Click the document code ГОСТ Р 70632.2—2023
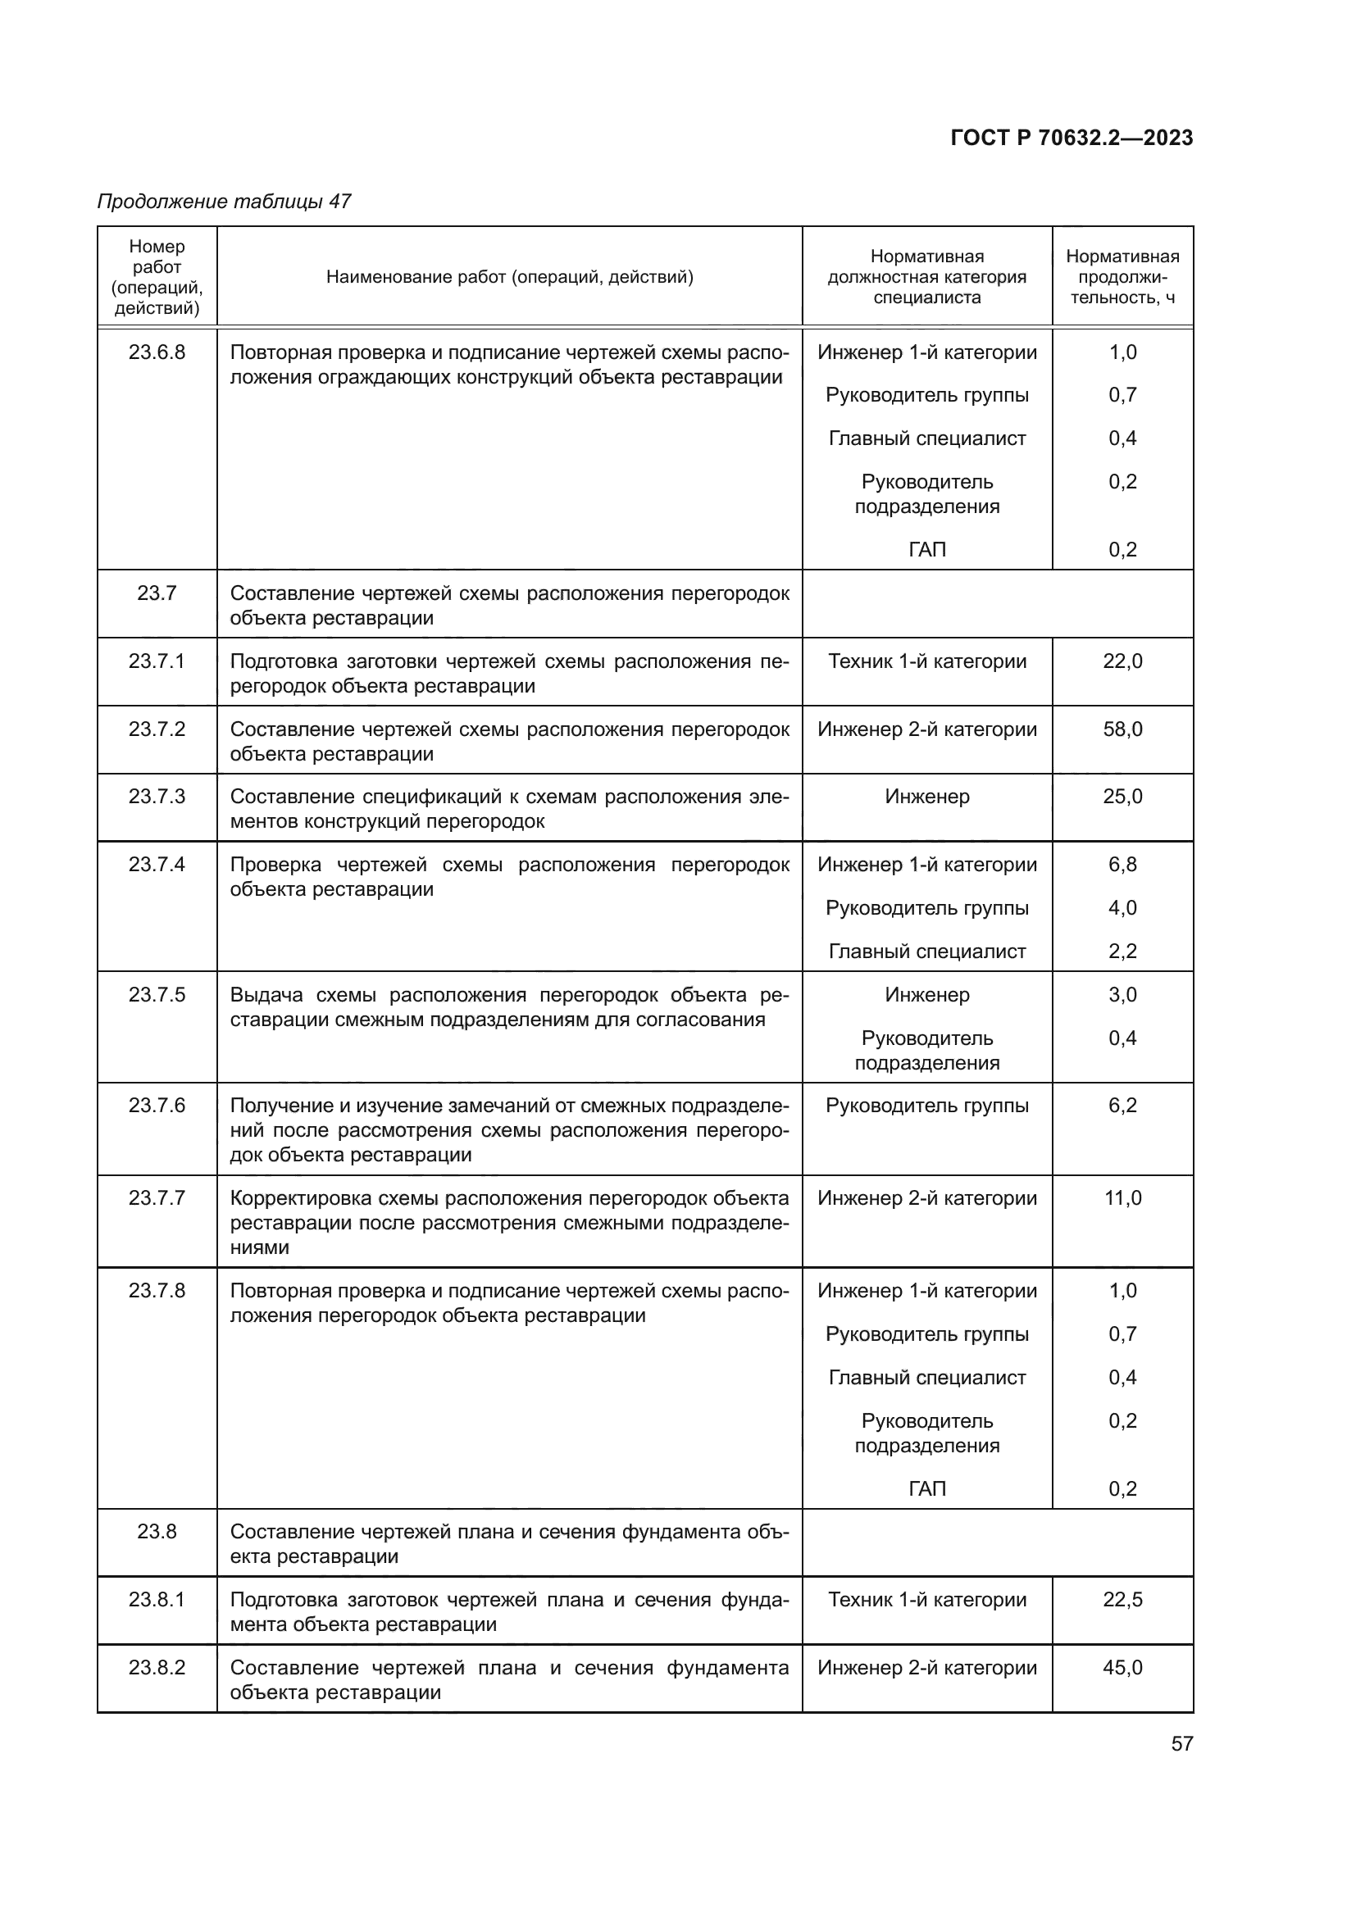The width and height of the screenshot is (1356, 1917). (1072, 138)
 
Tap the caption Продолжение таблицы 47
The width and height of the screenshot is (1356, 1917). (224, 202)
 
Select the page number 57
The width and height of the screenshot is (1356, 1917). (1181, 1743)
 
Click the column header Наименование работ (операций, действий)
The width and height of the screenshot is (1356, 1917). (509, 276)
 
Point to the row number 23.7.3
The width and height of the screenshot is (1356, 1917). (157, 796)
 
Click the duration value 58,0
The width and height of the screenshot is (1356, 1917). (1122, 729)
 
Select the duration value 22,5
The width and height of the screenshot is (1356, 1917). (1122, 1599)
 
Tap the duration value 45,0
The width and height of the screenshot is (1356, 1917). (1122, 1667)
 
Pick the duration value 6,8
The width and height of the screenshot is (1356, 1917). (1122, 864)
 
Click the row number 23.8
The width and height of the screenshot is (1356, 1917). (157, 1531)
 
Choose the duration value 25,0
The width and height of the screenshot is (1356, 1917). (1122, 796)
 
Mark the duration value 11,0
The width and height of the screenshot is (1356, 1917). (1122, 1197)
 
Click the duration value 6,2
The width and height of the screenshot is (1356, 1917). (1122, 1105)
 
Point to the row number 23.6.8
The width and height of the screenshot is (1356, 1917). (157, 352)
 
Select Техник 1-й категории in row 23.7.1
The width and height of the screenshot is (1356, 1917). (927, 661)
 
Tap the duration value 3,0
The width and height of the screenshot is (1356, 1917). (1122, 994)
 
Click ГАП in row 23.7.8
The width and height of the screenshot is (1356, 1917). (927, 1488)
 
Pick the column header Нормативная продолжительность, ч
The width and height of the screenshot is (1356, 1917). (1122, 276)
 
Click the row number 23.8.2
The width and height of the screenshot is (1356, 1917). (157, 1667)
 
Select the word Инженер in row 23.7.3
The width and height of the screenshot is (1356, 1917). (927, 796)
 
